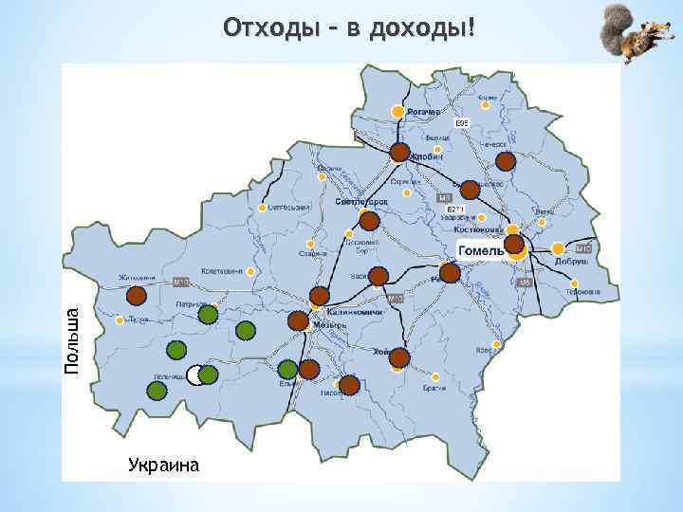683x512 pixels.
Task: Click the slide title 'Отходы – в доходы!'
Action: [347, 28]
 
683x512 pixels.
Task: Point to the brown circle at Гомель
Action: [514, 245]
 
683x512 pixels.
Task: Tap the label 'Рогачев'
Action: [424, 112]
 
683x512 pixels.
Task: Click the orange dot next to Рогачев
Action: [398, 112]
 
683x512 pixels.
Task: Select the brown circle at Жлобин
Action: [400, 152]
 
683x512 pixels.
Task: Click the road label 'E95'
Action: [462, 124]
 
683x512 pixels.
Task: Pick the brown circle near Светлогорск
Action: [370, 221]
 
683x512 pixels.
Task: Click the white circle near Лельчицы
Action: [194, 375]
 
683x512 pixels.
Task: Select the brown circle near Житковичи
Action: [137, 295]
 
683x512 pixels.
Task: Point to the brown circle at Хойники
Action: [399, 357]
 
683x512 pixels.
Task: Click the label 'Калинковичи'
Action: [353, 312]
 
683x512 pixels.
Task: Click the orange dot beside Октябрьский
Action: [258, 207]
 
